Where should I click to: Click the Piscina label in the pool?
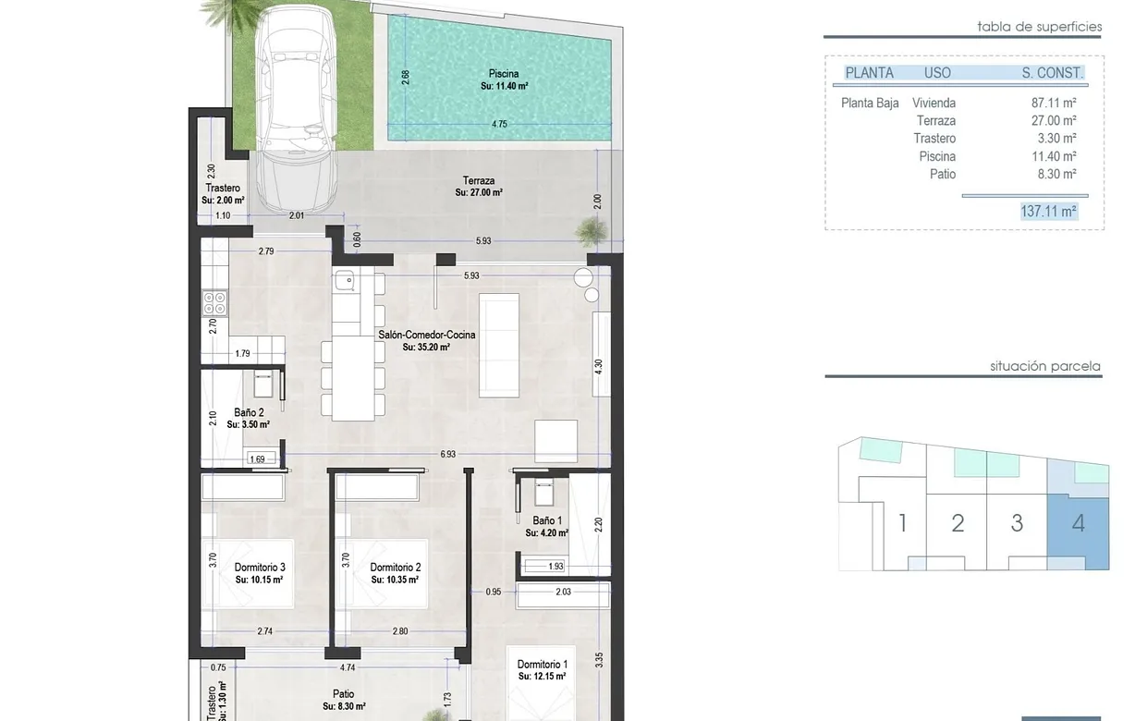coord(504,74)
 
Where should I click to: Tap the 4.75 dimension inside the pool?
coord(499,124)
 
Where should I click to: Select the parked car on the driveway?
coord(296,108)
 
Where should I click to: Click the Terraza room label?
coord(479,181)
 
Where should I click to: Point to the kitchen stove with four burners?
coord(214,303)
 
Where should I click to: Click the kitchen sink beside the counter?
coord(344,281)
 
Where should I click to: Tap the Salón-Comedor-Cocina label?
coord(427,335)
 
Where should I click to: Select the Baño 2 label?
coord(249,412)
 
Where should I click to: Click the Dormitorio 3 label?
coord(260,568)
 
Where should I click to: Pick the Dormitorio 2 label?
coord(396,568)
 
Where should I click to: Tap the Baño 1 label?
coord(547,520)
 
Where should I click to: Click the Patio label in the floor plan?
coord(344,694)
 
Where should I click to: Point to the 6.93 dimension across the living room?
coord(448,455)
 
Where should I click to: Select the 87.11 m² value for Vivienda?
coord(1054,103)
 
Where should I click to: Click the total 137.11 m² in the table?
coord(1048,212)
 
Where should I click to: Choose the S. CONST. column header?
coord(1053,73)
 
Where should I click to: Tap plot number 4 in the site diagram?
coord(1079,523)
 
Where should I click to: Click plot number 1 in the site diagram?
coord(902,523)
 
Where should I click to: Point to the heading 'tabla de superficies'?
coord(1040,27)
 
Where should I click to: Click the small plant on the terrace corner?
coord(592,231)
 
